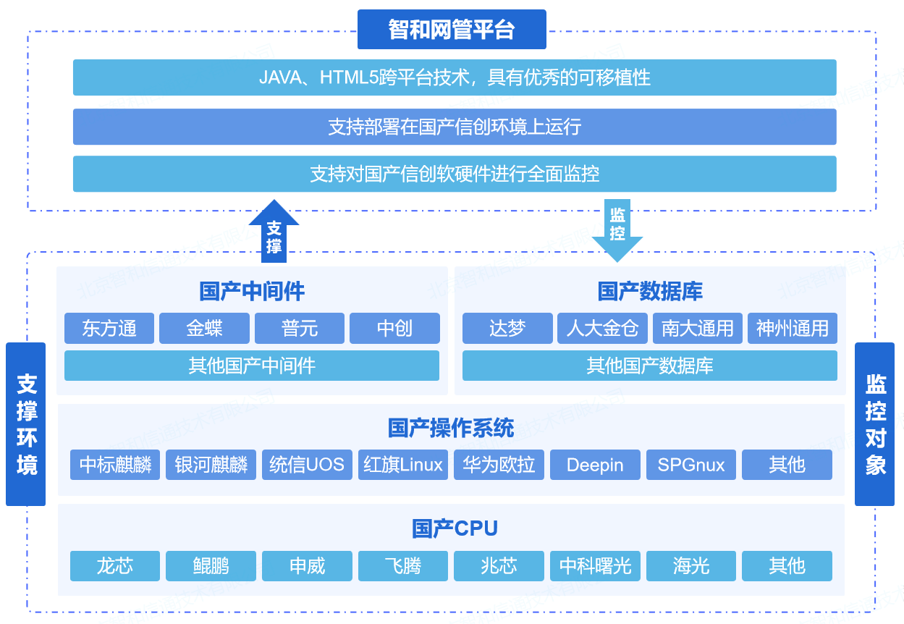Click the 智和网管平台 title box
tap(452, 30)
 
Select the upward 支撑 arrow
tap(274, 233)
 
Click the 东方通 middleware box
tap(109, 329)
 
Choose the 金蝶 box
tap(204, 329)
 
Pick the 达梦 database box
tap(507, 329)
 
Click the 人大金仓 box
tap(602, 329)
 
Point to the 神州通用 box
tap(793, 329)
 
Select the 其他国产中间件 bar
tap(252, 366)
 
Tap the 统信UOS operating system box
tap(307, 465)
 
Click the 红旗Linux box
tap(403, 465)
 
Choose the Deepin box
tap(595, 465)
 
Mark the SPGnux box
tap(691, 465)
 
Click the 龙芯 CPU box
tap(115, 566)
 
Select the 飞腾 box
tap(403, 566)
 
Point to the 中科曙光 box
tap(595, 566)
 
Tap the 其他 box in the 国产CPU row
tap(787, 566)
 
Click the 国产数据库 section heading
tap(650, 292)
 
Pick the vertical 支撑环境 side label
tap(26, 424)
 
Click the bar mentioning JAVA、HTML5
tap(455, 77)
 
